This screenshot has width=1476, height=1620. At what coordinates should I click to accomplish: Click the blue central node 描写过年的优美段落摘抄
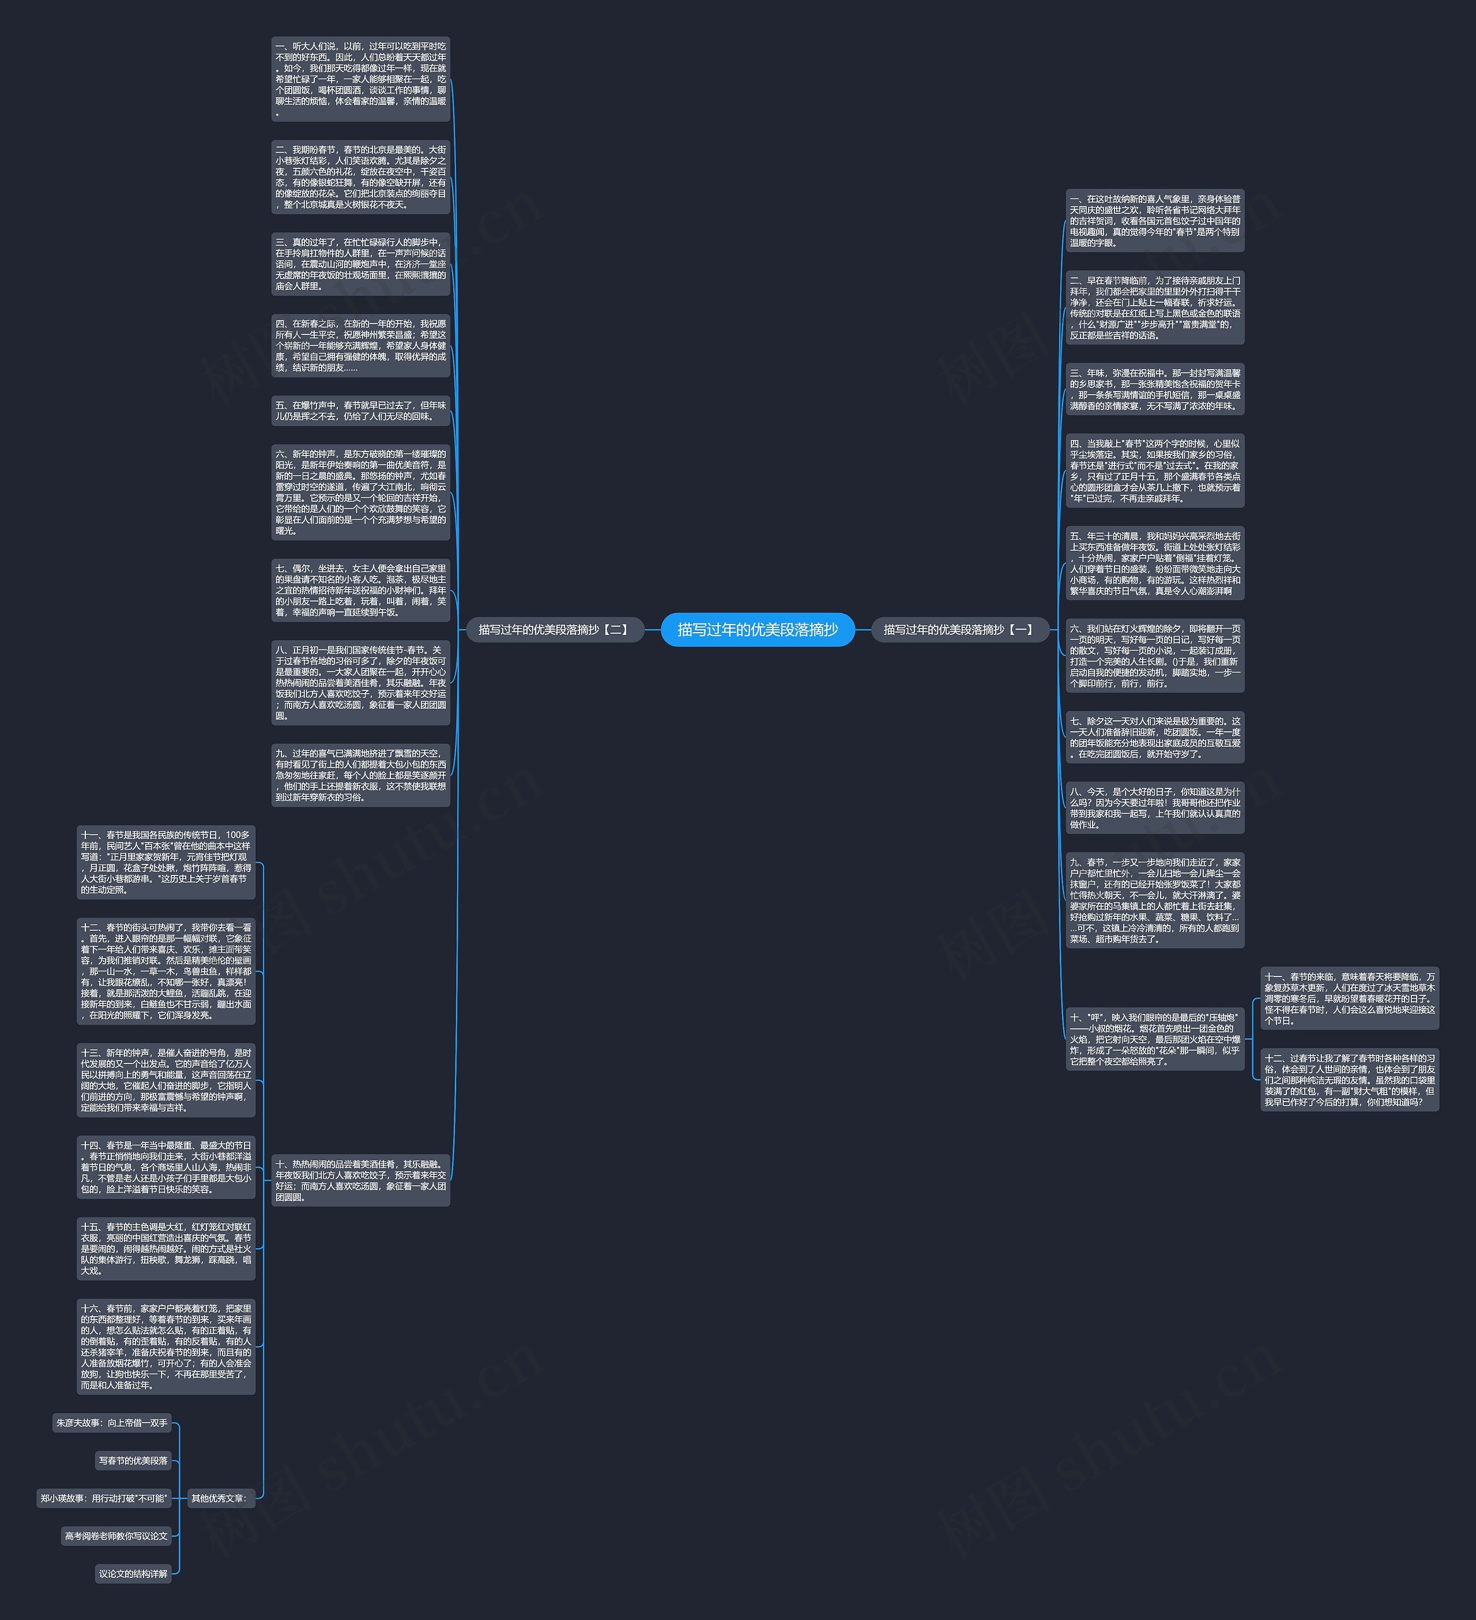click(x=757, y=630)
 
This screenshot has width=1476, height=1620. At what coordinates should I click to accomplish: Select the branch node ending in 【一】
click(x=959, y=630)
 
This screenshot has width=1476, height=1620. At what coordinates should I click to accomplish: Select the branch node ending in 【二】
click(x=555, y=630)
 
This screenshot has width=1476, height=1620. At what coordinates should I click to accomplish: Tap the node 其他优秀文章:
click(x=219, y=1498)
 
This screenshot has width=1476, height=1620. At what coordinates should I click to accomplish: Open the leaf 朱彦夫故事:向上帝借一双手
click(x=112, y=1423)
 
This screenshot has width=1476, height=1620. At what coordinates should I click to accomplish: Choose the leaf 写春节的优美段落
click(x=133, y=1461)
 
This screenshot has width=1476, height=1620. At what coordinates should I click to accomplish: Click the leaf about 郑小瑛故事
click(x=104, y=1498)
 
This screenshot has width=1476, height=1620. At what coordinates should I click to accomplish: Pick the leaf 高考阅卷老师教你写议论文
click(x=116, y=1536)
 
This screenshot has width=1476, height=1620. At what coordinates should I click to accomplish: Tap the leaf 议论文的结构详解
click(x=133, y=1573)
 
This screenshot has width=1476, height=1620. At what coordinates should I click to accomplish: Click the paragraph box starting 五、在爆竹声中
click(x=361, y=411)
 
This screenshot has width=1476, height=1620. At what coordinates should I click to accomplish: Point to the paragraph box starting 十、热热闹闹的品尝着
click(x=361, y=1179)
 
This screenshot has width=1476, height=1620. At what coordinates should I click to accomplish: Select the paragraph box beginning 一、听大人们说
click(x=361, y=80)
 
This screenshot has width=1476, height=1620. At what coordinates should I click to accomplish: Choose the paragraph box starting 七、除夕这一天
click(x=1155, y=738)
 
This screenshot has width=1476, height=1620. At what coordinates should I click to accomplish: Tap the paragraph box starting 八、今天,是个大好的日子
click(x=1155, y=807)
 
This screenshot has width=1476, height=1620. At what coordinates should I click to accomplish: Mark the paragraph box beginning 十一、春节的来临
click(x=1350, y=999)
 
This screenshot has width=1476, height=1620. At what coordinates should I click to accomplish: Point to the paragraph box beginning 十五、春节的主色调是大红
click(x=166, y=1249)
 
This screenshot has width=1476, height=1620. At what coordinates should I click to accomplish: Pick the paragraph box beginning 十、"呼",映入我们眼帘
click(x=1155, y=1039)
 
